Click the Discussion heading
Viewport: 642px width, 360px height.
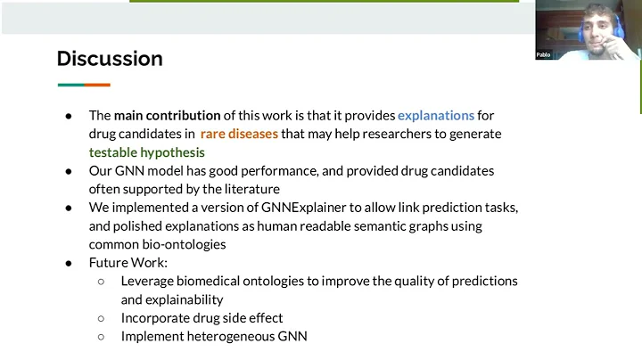pos(110,59)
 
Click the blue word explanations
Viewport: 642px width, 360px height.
pos(436,115)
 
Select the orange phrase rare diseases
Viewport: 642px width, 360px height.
pos(239,134)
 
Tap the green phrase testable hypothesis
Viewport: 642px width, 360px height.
pos(146,152)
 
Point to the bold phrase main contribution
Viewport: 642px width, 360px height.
pos(168,115)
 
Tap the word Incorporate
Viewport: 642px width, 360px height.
pos(155,318)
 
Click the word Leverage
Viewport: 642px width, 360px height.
pos(149,281)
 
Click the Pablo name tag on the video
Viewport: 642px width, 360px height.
pos(543,54)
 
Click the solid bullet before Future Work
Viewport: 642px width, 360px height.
pos(70,263)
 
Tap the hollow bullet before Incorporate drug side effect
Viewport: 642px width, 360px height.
pos(102,318)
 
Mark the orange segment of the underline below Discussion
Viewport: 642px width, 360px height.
pos(98,85)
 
